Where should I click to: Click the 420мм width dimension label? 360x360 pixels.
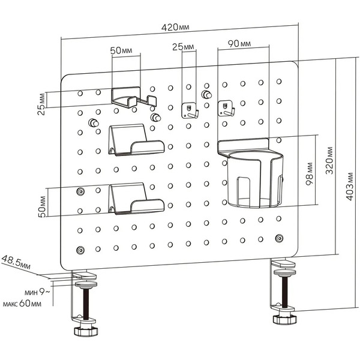tap(179, 27)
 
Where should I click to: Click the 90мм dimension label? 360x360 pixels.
tap(238, 44)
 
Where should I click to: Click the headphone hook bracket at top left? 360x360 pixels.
tap(133, 97)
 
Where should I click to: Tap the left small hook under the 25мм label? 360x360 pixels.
tap(190, 110)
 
